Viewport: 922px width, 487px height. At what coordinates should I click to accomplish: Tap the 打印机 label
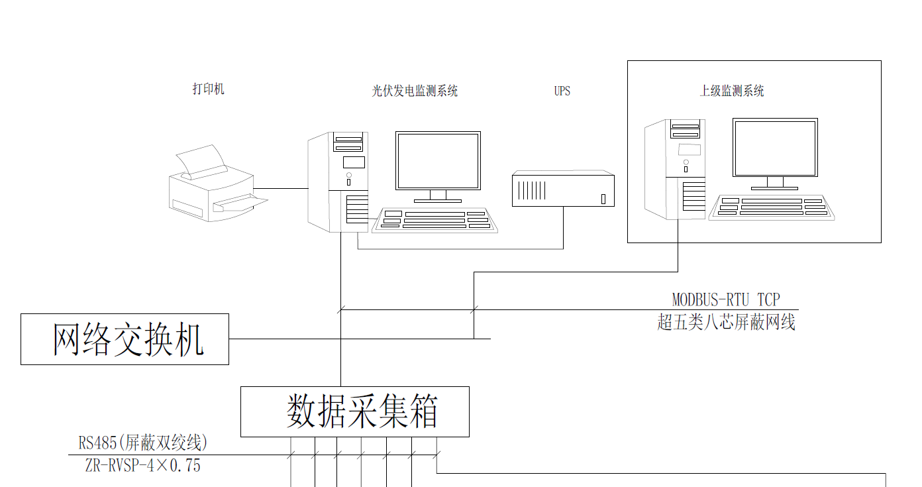click(x=209, y=89)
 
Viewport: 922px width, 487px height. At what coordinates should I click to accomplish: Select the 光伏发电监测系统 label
click(x=415, y=91)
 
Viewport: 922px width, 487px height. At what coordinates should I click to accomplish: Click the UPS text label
click(x=562, y=91)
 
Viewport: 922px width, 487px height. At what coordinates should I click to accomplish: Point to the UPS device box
click(x=563, y=189)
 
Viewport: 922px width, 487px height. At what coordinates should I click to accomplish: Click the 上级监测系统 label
click(x=732, y=91)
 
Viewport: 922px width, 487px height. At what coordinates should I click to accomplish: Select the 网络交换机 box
click(x=125, y=339)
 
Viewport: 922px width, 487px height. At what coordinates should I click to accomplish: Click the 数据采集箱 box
click(x=354, y=411)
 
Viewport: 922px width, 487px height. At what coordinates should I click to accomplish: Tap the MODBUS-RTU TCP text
click(x=726, y=300)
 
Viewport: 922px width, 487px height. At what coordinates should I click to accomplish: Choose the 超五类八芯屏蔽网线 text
click(x=726, y=323)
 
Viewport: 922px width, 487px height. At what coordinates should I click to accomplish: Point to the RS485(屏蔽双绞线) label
click(x=143, y=442)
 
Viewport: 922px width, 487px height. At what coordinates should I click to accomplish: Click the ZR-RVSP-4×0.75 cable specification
click(x=143, y=466)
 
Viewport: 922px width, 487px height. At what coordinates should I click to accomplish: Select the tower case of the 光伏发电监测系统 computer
click(x=338, y=182)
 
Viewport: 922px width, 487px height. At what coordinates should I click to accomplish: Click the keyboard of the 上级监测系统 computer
click(x=772, y=207)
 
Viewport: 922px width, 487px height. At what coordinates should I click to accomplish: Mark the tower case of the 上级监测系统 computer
click(x=675, y=169)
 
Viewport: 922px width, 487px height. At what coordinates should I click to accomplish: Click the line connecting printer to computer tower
click(x=282, y=189)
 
